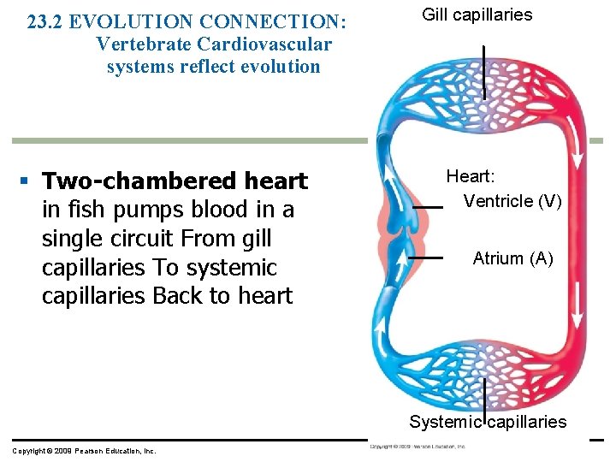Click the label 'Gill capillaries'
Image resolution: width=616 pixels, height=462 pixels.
477,15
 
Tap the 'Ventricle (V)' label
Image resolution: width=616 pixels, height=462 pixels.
512,201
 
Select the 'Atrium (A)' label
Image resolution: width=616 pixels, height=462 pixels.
512,258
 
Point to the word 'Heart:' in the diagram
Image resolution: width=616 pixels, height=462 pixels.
471,176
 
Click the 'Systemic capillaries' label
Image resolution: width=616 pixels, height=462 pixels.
488,421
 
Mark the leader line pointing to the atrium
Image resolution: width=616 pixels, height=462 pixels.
424,257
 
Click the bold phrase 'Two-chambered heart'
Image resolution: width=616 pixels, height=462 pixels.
175,181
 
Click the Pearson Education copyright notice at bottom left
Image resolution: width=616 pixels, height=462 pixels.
84,450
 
